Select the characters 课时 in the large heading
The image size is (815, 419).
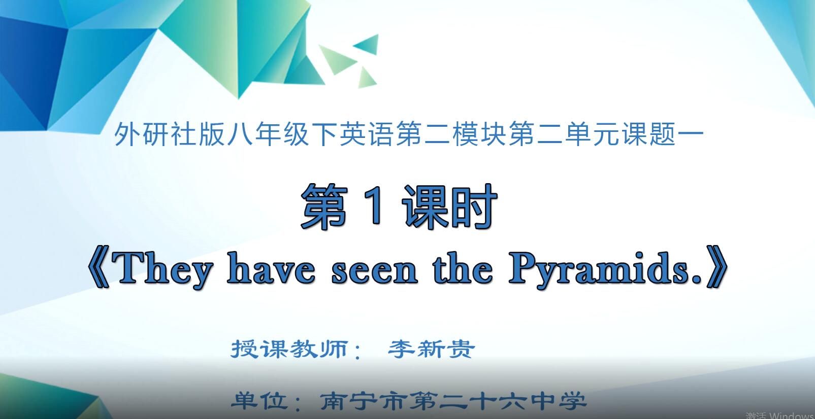click(x=449, y=205)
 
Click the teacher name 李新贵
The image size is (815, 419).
click(x=431, y=349)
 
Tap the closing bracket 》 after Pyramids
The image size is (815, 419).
click(x=717, y=269)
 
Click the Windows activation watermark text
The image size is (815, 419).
click(x=780, y=415)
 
